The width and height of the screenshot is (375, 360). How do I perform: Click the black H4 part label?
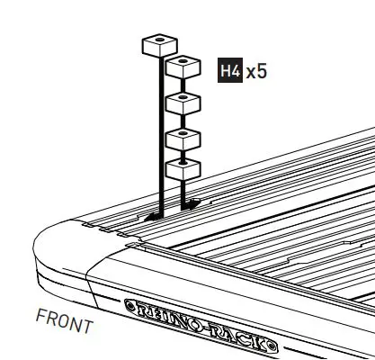[x=230, y=70]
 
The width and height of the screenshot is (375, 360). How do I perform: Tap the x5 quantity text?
[x=256, y=70]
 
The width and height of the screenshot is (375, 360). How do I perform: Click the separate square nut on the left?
[x=159, y=45]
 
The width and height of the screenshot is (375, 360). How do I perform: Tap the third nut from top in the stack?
[x=183, y=138]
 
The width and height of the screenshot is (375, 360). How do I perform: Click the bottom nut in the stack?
[x=183, y=169]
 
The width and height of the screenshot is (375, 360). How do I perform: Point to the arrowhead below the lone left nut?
[x=154, y=216]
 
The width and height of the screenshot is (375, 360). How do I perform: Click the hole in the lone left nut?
[x=159, y=40]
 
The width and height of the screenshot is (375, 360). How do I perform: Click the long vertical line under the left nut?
[x=160, y=135]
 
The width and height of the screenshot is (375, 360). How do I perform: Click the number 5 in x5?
[x=262, y=70]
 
